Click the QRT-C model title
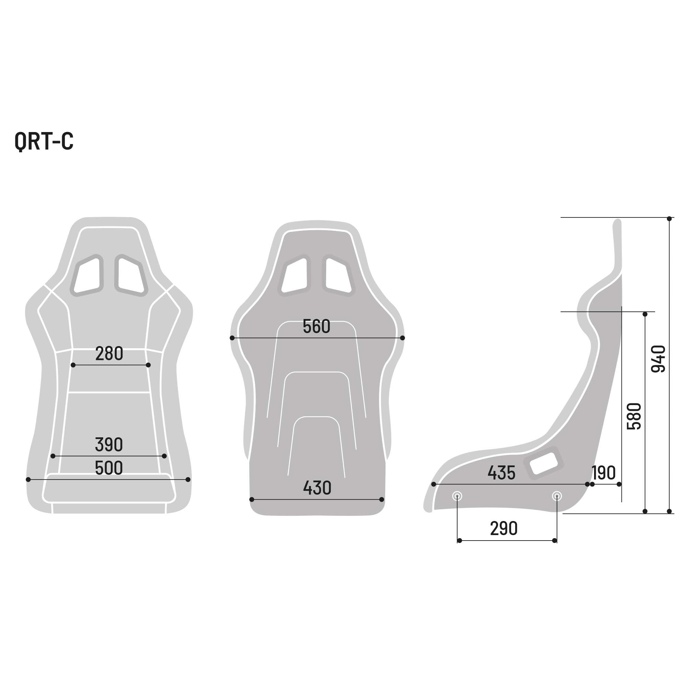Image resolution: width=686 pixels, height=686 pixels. (44, 141)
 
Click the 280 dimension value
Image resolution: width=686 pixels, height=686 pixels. (109, 354)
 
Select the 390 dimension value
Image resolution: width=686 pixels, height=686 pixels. (109, 444)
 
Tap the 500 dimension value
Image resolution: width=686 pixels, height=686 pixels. (109, 468)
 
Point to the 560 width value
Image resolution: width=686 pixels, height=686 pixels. (316, 327)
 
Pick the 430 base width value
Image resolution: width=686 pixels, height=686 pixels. (317, 488)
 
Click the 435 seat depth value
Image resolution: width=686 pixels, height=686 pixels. (501, 473)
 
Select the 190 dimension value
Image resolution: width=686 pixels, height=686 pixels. (604, 473)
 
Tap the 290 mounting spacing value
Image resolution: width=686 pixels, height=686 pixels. (504, 529)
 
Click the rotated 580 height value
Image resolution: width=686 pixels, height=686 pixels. (634, 416)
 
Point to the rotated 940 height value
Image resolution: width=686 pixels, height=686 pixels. (658, 359)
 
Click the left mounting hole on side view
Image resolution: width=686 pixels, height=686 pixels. (457, 496)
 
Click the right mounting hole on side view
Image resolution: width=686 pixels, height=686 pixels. (557, 496)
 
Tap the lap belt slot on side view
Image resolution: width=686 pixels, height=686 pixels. (543, 463)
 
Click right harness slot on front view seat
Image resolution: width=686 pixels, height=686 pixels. (131, 275)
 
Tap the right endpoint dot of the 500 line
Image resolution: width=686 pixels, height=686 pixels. (188, 480)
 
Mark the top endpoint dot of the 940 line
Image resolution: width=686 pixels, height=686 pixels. (669, 219)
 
